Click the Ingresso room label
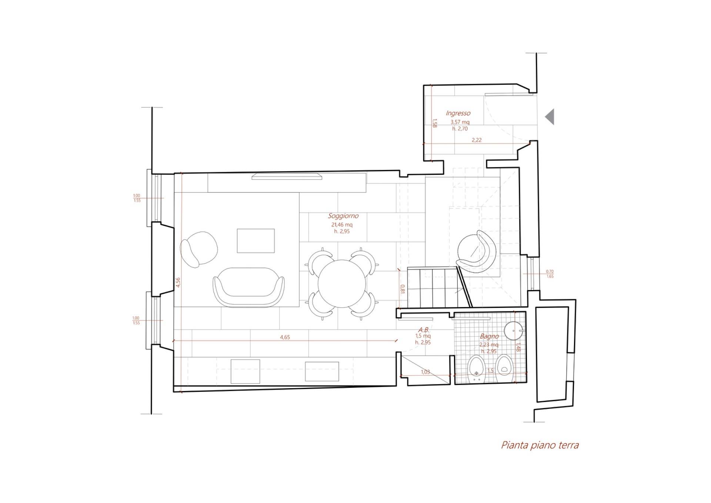[x=458, y=113]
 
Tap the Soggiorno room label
[x=343, y=216]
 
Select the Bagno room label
[x=489, y=336]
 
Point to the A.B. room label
[x=424, y=330]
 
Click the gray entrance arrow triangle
[x=550, y=117]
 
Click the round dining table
[x=343, y=283]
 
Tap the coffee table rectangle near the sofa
[x=256, y=241]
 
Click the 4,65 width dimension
[x=285, y=337]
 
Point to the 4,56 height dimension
[x=178, y=282]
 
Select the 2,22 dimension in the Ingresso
[x=477, y=140]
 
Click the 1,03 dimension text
[x=425, y=372]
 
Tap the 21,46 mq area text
[x=342, y=225]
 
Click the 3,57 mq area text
[x=460, y=122]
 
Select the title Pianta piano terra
[x=540, y=445]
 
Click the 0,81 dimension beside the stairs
[x=403, y=289]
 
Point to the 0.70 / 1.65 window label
[x=550, y=274]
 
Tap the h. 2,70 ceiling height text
[x=460, y=129]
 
